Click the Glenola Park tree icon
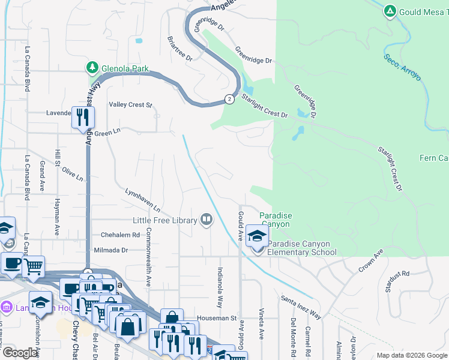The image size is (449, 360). point(92,68)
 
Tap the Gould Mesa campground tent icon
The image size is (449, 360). point(390,11)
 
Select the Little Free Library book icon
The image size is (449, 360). point(206,220)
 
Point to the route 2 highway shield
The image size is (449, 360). point(229,98)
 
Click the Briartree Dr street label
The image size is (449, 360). point(179,49)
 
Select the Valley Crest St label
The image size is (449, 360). point(130,104)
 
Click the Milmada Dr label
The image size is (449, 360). point(112,250)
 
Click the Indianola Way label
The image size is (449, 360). point(220,287)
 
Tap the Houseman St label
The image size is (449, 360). point(221,319)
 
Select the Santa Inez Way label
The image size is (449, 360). point(301,307)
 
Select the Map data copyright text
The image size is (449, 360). point(411,355)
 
